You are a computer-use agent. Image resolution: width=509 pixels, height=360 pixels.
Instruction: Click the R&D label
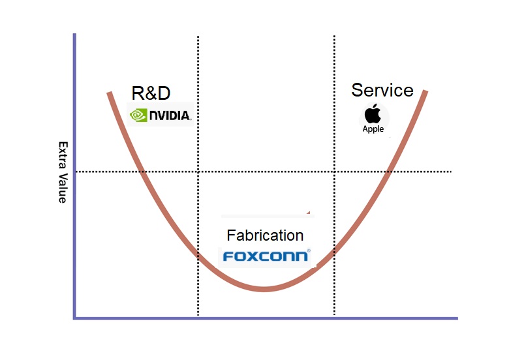tap(155, 93)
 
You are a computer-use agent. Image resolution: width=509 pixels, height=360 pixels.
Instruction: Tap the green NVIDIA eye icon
tap(138, 115)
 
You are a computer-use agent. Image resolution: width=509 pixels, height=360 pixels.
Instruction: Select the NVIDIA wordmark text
tap(169, 116)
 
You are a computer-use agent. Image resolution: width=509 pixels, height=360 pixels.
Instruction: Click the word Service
tap(382, 90)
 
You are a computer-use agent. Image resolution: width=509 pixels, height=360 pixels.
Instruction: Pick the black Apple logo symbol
tap(373, 113)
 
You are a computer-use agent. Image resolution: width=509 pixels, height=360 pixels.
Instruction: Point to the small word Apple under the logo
tap(373, 129)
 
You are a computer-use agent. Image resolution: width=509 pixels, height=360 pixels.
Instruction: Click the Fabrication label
tap(265, 235)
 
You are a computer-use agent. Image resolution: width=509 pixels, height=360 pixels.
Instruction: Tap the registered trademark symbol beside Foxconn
tap(309, 250)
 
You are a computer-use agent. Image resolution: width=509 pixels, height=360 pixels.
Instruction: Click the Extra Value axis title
tap(63, 172)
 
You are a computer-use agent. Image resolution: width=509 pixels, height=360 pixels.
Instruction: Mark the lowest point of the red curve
tap(264, 289)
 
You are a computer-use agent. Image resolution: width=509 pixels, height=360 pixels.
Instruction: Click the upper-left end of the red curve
tap(108, 93)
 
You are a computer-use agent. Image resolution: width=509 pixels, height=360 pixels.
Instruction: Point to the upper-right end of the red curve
tap(425, 91)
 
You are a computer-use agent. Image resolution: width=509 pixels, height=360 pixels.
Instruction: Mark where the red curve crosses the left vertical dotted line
tap(198, 255)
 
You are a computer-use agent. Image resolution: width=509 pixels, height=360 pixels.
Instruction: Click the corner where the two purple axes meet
tap(74, 318)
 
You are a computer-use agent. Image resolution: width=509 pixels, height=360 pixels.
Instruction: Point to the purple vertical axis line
tap(74, 196)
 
